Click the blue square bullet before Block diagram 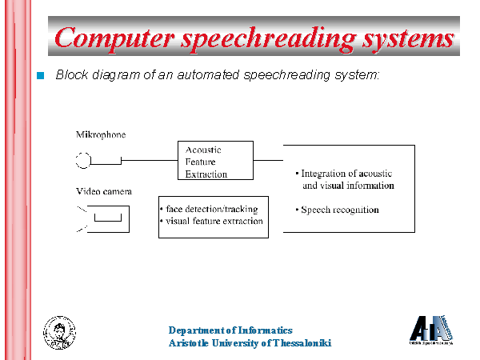42,75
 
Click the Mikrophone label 101,134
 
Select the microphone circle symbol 83,161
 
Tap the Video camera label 104,192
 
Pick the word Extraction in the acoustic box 206,174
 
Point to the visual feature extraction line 214,221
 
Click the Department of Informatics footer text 230,330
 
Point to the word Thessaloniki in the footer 300,343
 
